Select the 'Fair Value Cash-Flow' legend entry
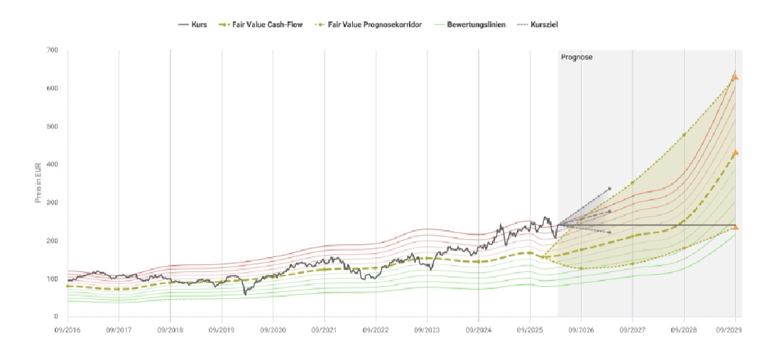(263, 24)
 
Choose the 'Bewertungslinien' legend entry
(476, 24)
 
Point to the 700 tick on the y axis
(53, 50)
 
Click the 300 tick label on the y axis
(53, 202)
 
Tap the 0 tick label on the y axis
(55, 317)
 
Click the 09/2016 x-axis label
(67, 330)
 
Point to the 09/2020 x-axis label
(273, 330)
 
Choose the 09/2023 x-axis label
(427, 330)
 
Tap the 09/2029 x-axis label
(735, 330)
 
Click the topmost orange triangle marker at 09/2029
(735, 76)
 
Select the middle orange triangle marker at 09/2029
(735, 152)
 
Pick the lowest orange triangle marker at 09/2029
(735, 227)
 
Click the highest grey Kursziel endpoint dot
(609, 189)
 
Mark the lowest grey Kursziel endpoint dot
(609, 232)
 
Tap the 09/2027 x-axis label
(632, 330)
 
